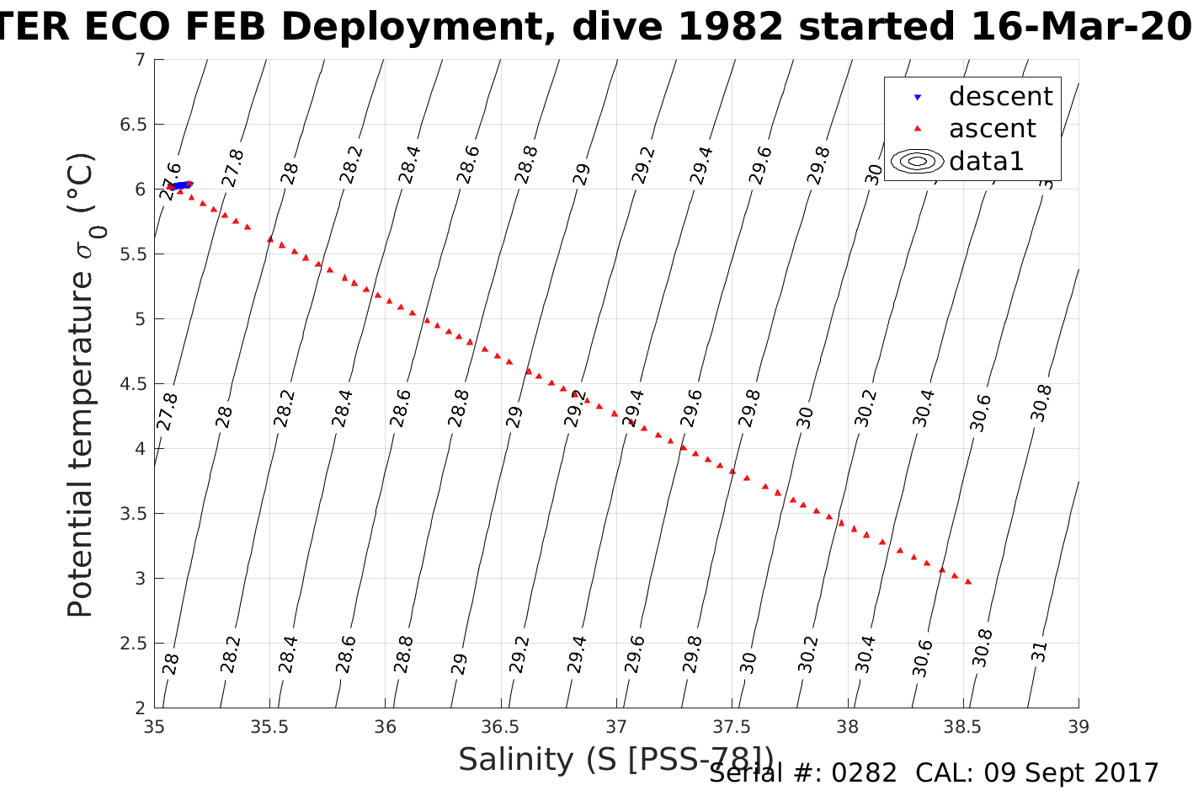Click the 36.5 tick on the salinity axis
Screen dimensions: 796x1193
501,726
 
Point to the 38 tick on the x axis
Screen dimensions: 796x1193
848,726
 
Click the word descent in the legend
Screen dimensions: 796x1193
1000,97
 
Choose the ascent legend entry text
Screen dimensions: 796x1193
993,129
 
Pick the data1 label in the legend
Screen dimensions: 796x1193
986,161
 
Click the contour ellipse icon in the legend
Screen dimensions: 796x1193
918,161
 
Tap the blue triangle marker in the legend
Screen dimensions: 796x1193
918,98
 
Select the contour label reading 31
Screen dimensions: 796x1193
1040,651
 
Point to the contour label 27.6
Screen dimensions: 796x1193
171,180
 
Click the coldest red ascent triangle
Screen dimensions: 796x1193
968,581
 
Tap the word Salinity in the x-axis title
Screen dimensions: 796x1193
516,760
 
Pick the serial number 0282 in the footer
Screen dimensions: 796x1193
864,773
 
